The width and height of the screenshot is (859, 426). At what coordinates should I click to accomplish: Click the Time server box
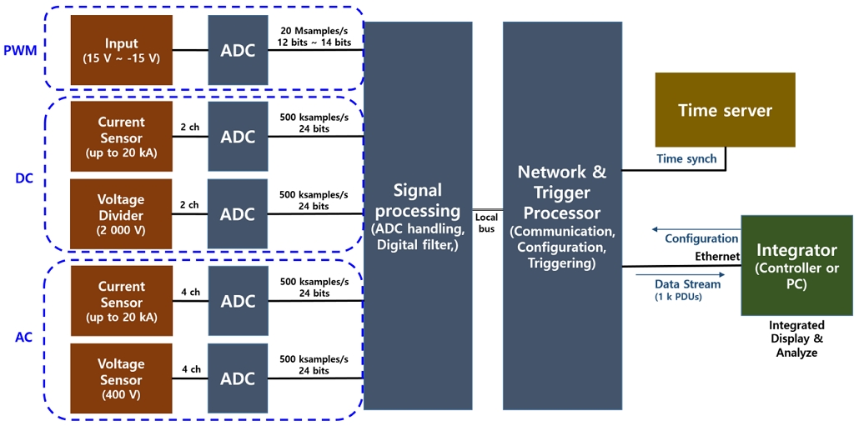[x=725, y=110]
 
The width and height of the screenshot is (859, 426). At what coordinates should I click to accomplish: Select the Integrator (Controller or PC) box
[x=796, y=265]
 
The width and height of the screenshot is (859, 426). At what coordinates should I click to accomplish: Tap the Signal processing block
[x=418, y=215]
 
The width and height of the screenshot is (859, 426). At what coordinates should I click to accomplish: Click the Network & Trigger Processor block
[x=562, y=215]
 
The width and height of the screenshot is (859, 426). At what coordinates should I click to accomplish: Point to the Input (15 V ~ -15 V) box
[x=122, y=50]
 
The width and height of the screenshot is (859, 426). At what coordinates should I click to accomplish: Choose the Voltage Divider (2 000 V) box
[x=122, y=214]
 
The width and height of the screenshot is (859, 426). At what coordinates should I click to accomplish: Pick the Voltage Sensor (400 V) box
[x=122, y=378]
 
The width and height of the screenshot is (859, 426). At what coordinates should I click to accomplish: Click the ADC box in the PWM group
[x=238, y=50]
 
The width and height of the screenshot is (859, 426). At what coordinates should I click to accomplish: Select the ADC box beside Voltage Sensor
[x=238, y=378]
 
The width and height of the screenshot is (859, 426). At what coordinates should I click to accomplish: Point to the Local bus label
[x=487, y=223]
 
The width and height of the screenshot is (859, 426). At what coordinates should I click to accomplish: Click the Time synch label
[x=686, y=159]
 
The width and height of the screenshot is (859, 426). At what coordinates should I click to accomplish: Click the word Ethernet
[x=718, y=256]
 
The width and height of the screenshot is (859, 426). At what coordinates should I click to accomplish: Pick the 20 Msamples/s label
[x=314, y=31]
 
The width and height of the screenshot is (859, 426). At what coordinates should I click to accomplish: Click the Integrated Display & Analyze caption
[x=796, y=338]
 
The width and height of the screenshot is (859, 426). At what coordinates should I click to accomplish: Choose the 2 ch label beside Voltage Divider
[x=189, y=205]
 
